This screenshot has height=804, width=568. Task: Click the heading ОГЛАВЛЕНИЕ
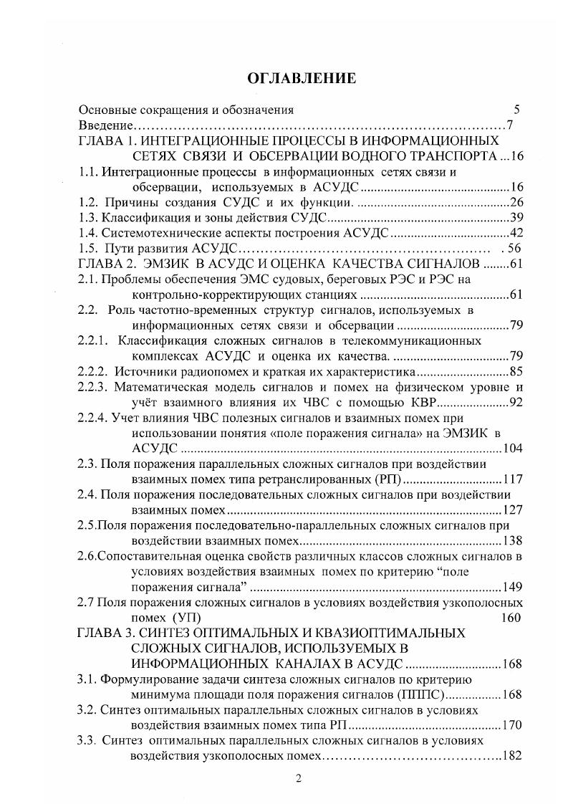301,78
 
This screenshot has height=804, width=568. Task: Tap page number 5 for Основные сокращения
516,110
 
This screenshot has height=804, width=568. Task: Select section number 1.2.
87,203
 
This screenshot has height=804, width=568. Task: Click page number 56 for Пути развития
516,249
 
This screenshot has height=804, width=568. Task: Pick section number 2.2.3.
93,388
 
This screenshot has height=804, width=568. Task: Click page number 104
512,449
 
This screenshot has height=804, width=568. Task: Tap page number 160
511,618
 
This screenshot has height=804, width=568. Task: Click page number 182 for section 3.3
512,756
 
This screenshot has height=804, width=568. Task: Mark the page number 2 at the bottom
300,780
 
